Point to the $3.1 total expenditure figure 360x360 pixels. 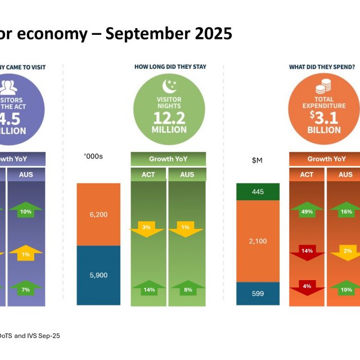pyautogui.click(x=323, y=117)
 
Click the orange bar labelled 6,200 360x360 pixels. pyautogui.click(x=98, y=214)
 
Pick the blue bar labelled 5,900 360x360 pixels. pyautogui.click(x=98, y=276)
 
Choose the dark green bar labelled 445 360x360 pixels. pyautogui.click(x=258, y=192)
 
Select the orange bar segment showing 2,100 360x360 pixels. pyautogui.click(x=258, y=241)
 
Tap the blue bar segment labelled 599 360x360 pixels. pyautogui.click(x=258, y=294)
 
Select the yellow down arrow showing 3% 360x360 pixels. pyautogui.click(x=147, y=228)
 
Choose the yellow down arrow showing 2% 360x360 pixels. pyautogui.click(x=346, y=251)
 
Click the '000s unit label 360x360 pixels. pyautogui.click(x=93, y=156)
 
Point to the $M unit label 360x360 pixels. pyautogui.click(x=257, y=160)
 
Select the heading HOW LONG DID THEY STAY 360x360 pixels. pyautogui.click(x=170, y=67)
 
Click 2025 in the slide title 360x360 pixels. pyautogui.click(x=209, y=34)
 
